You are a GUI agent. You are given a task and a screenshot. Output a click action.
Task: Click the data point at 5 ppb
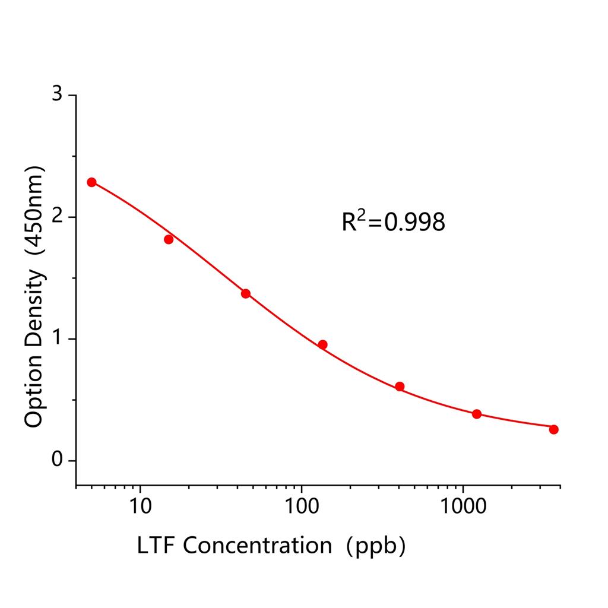pos(91,182)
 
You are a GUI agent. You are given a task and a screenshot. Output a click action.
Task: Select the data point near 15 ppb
pos(169,239)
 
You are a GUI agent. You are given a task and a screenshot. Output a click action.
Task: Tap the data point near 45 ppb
pos(246,293)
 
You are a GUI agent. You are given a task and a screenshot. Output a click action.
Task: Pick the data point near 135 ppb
pos(323,344)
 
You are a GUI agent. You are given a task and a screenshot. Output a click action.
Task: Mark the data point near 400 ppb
pos(400,387)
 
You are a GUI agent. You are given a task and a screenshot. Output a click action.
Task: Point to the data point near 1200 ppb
pos(477,414)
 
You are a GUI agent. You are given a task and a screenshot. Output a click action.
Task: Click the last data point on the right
pos(554,429)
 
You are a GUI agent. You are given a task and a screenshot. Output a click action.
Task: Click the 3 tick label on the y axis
pos(57,95)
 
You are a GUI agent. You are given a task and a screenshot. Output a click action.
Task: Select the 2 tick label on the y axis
pos(57,217)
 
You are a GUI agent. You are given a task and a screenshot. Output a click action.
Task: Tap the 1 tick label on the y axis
pos(57,339)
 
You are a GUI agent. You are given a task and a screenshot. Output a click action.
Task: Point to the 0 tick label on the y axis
pos(57,461)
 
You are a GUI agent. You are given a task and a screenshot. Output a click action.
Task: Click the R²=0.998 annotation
pos(393,222)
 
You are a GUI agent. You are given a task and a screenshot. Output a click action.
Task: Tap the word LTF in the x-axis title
pos(156,545)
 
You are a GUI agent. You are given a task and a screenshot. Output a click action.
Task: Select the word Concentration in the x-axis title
pos(257,545)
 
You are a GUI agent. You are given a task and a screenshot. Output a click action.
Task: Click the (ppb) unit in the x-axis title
pos(376,545)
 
